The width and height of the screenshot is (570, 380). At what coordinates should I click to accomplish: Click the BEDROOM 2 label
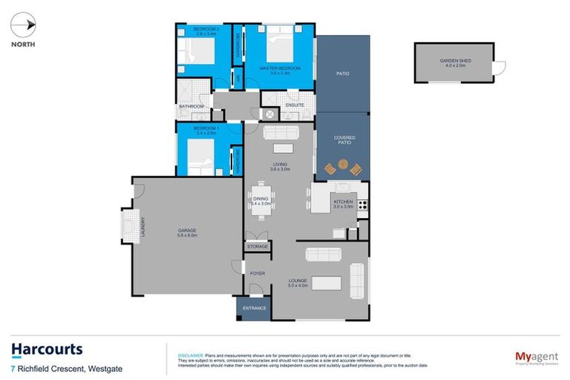coord(194,30)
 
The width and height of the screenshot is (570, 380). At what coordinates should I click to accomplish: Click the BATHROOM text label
coord(191,107)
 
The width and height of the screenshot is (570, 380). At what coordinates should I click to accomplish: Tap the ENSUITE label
coord(295,106)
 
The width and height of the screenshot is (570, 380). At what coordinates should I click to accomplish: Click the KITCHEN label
coord(342,201)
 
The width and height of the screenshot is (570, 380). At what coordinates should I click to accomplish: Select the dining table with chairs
coord(261,201)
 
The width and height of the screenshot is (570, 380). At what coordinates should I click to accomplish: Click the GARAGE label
coord(186,232)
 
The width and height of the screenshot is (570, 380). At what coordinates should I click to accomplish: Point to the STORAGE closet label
coord(258,246)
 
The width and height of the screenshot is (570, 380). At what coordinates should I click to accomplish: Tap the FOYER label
coord(257,273)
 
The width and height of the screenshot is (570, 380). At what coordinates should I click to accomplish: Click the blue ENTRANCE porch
coord(253,307)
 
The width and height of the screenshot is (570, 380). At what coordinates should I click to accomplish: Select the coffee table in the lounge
coord(327,283)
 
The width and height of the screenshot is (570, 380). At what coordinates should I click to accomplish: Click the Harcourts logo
coord(46,350)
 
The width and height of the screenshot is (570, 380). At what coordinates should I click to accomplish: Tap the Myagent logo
coord(537,358)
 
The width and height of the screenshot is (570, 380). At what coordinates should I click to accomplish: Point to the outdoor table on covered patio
coord(344,169)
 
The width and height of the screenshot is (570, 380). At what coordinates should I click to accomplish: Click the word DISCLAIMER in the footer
coord(182,356)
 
